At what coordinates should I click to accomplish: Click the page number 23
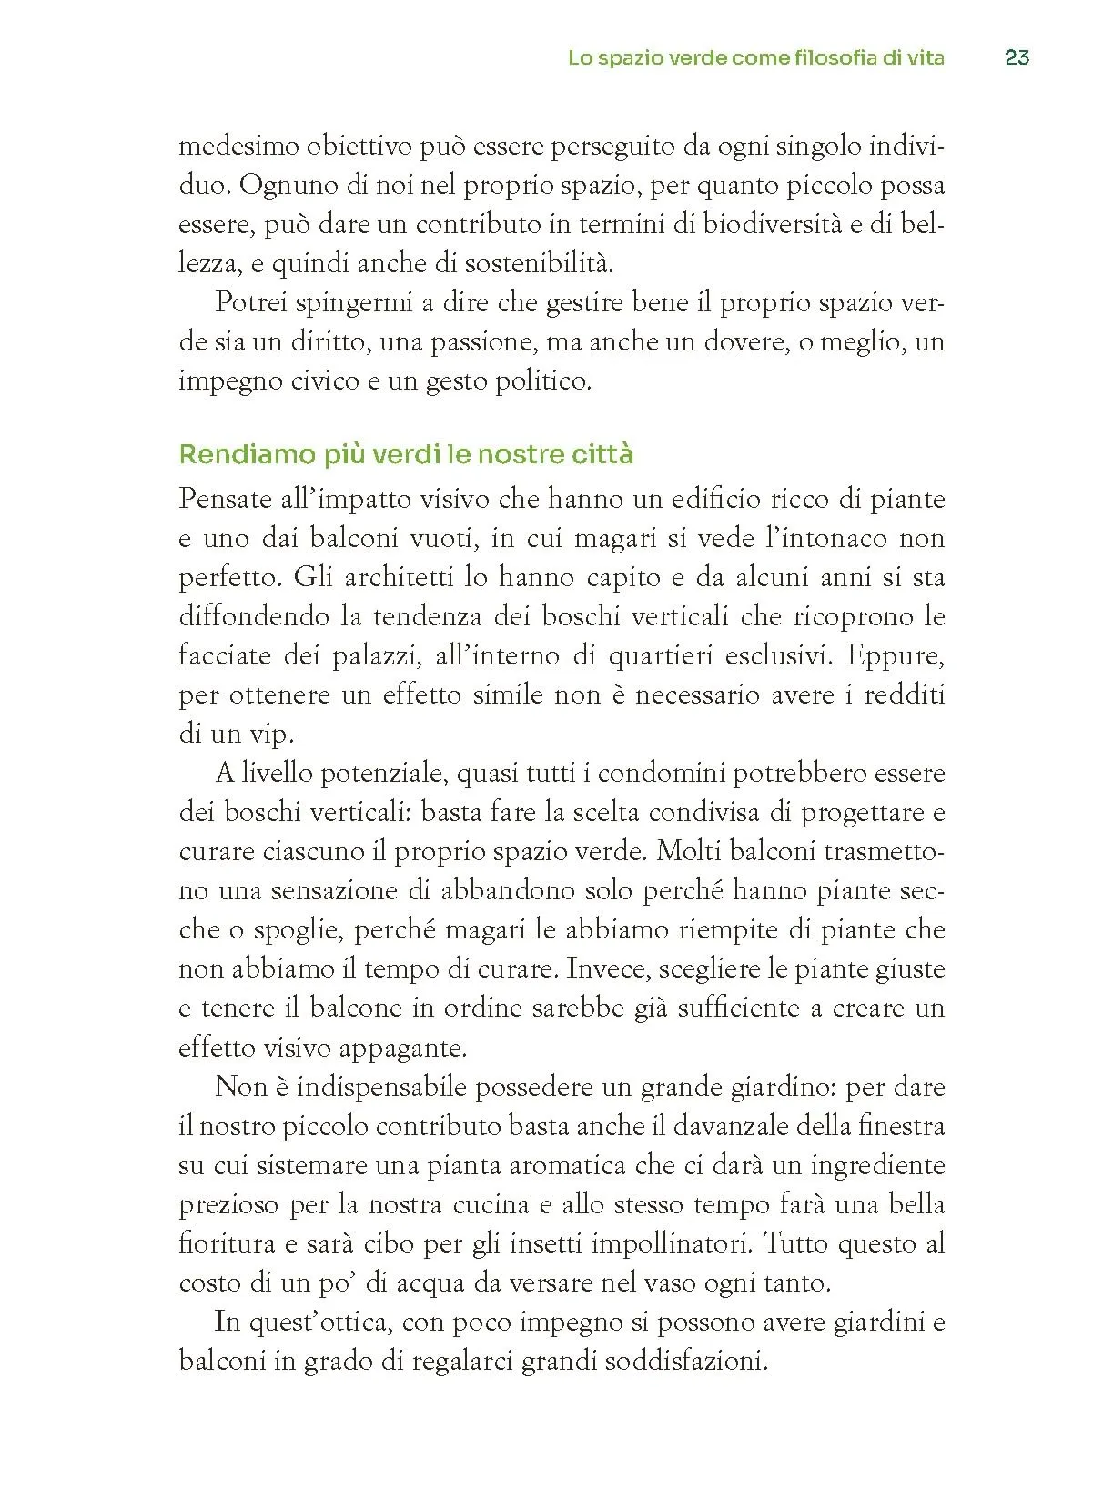click(1017, 57)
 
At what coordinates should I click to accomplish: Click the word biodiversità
click(773, 224)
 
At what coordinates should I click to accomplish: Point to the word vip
click(272, 735)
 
